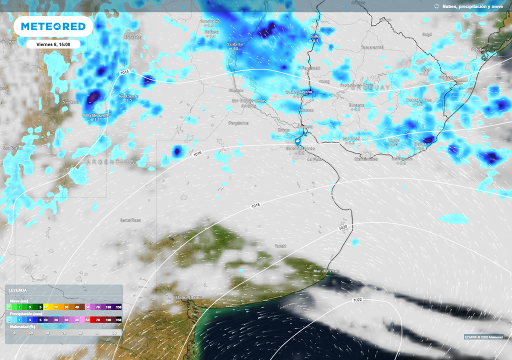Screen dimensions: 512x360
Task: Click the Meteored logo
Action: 53,26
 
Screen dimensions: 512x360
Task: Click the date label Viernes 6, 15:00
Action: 53,44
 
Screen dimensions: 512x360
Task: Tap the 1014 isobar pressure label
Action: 124,72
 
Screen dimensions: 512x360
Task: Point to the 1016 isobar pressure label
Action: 197,155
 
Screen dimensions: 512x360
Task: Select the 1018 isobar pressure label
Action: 255,205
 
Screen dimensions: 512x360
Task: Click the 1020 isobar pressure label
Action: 342,227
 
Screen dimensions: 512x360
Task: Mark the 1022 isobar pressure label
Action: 357,300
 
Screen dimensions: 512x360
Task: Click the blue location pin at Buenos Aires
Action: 298,142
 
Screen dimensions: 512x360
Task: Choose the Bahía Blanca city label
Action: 189,297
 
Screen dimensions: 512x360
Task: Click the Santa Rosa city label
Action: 129,220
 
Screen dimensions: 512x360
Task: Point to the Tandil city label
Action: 280,246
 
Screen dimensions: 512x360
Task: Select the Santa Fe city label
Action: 234,44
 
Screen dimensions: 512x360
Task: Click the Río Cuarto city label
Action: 128,96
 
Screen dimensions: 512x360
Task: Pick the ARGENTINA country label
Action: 110,162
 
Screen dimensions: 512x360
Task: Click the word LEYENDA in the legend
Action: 18,290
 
